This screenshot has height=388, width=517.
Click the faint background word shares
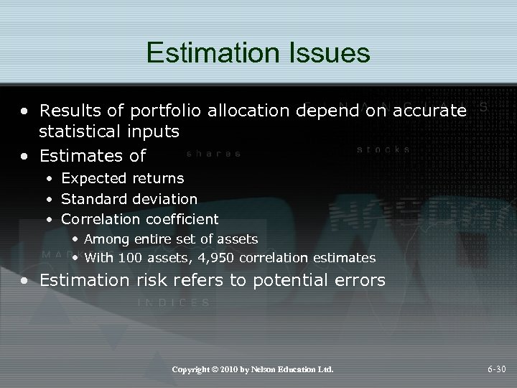(x=213, y=153)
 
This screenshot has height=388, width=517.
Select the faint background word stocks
(x=383, y=149)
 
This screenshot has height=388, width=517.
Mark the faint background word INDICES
(x=173, y=303)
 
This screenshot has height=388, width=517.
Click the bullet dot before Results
(x=26, y=111)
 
